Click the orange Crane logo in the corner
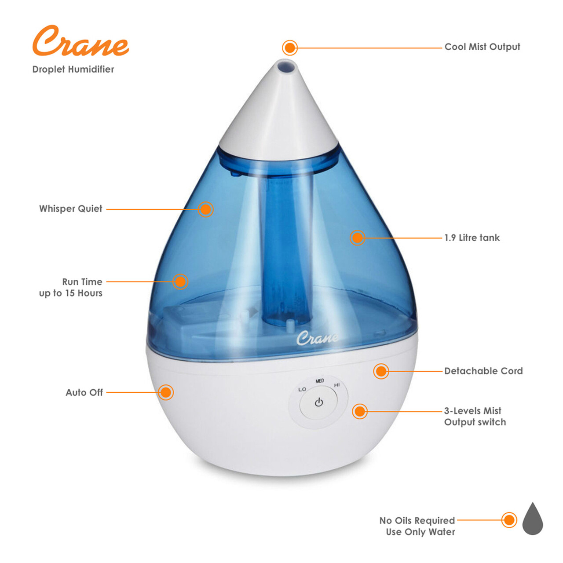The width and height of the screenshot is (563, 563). (80, 40)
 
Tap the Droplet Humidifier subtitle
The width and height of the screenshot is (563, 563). (73, 69)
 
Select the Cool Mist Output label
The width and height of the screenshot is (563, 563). (482, 47)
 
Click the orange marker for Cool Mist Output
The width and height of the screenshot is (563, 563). (289, 48)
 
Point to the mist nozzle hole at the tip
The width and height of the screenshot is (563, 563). (286, 65)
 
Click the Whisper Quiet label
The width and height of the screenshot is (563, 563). (71, 208)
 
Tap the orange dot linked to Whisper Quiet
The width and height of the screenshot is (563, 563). (205, 209)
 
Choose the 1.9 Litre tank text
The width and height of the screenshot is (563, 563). (472, 238)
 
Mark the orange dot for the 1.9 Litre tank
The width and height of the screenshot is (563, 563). (357, 238)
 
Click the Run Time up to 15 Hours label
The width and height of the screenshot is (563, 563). (71, 287)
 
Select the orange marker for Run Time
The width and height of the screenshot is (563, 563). (180, 281)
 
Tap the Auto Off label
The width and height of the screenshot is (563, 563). (84, 392)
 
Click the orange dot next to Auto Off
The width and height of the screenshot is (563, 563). (166, 392)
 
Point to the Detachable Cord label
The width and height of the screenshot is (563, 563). (483, 371)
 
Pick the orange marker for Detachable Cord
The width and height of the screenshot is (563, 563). (381, 371)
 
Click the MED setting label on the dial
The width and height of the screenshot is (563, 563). (320, 381)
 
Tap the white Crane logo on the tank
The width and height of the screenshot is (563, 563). (317, 338)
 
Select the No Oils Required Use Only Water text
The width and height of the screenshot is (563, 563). (417, 526)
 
